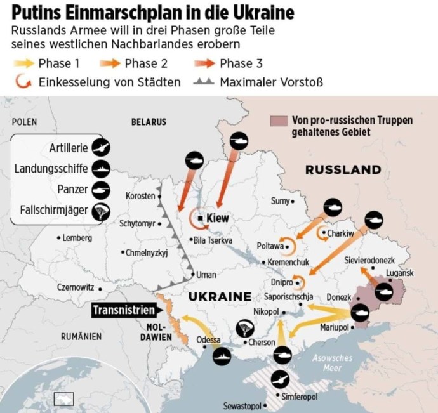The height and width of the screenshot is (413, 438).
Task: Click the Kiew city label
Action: [217, 218]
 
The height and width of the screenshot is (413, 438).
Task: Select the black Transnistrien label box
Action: [124, 310]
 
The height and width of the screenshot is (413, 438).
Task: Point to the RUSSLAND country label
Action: [343, 170]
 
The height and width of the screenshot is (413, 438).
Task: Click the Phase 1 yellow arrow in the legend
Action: [22, 63]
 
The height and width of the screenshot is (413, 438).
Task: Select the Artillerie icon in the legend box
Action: [99, 147]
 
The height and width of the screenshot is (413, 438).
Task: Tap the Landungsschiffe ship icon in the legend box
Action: [99, 167]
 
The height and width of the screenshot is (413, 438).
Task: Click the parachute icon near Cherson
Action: [245, 328]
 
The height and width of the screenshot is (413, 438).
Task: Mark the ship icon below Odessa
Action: [223, 357]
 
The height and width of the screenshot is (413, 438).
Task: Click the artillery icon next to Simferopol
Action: [280, 379]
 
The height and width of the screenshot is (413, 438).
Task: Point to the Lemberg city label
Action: [77, 239]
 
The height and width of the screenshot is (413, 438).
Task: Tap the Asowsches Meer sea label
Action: [331, 363]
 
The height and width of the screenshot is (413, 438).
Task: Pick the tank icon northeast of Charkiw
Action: [373, 220]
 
